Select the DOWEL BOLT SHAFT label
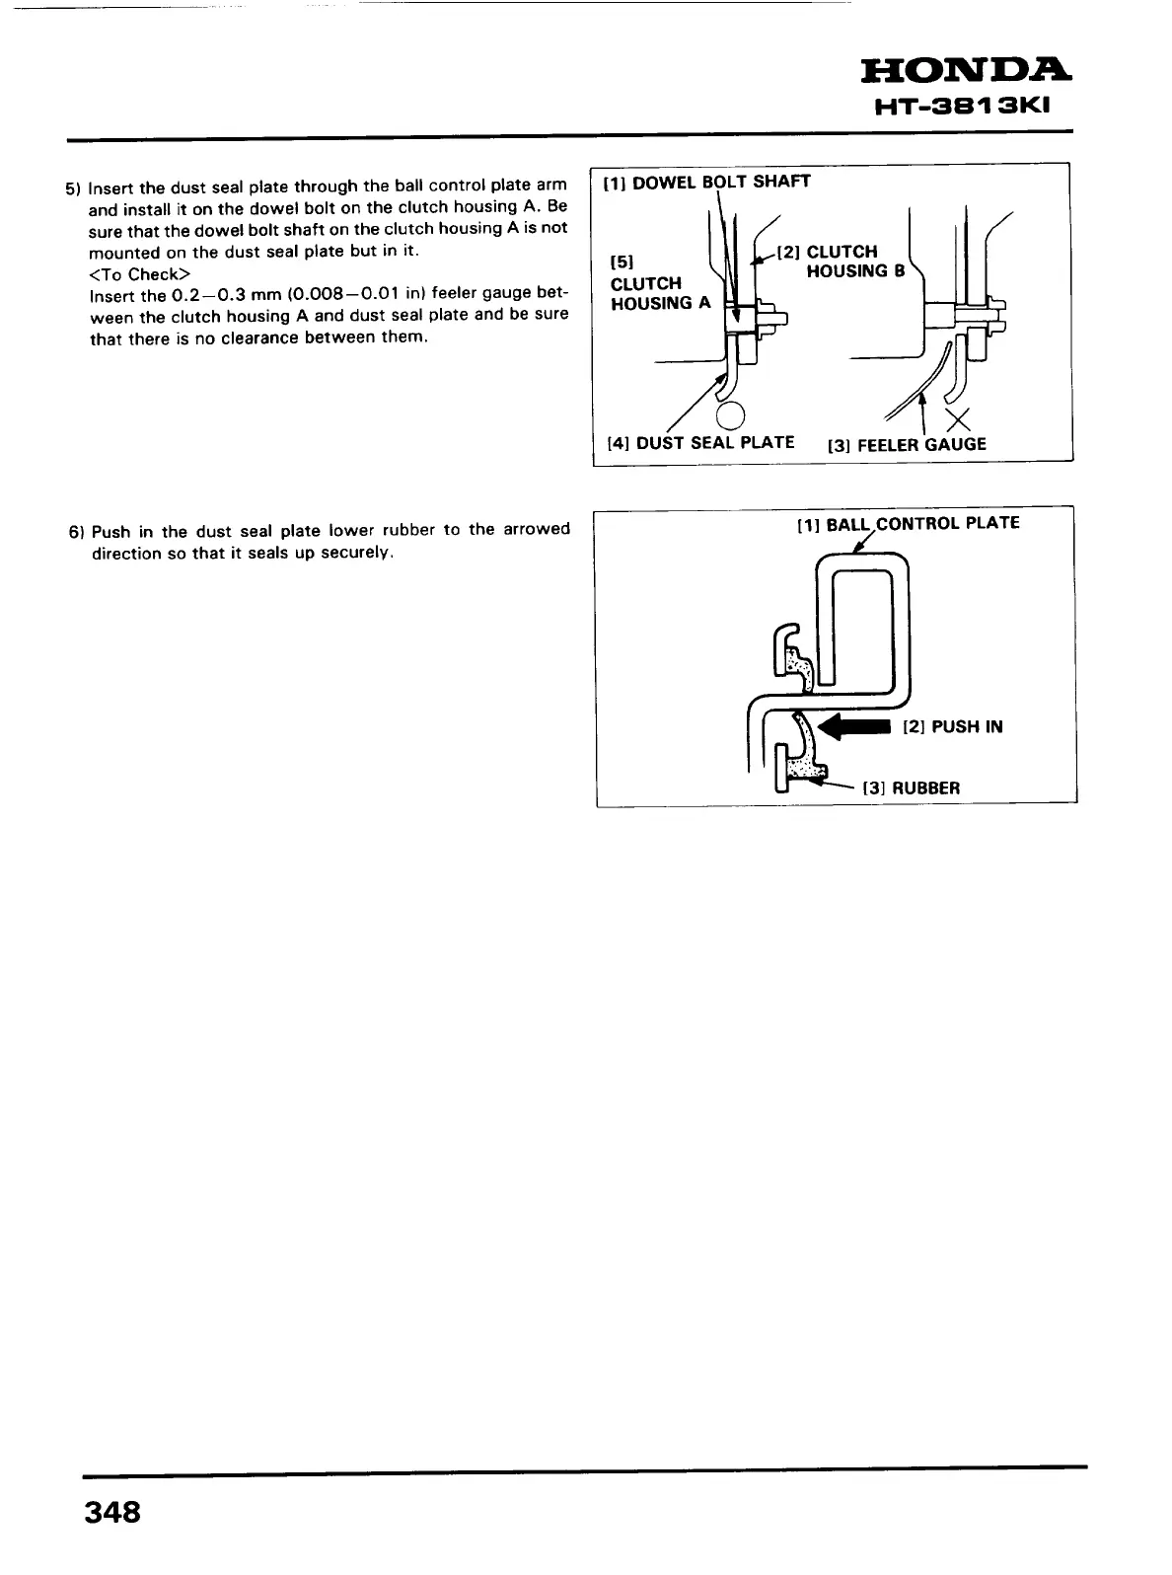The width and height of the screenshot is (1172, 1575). click(x=707, y=182)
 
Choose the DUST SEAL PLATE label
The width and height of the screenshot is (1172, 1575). click(x=700, y=442)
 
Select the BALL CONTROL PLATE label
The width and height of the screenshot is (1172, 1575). click(x=908, y=523)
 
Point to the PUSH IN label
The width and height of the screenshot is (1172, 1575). click(x=952, y=727)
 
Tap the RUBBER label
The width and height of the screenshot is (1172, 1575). click(x=911, y=787)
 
